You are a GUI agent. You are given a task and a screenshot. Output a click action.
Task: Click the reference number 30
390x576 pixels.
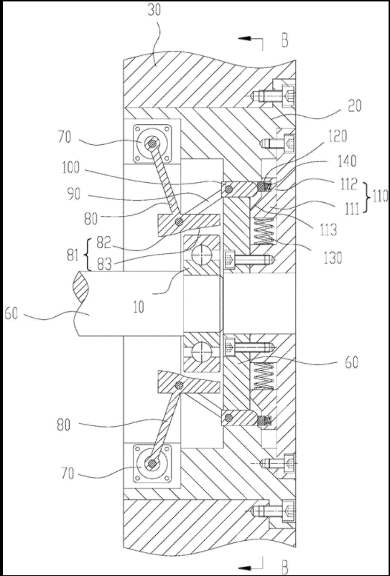(154, 11)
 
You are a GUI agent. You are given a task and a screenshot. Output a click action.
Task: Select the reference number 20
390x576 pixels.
(354, 106)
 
